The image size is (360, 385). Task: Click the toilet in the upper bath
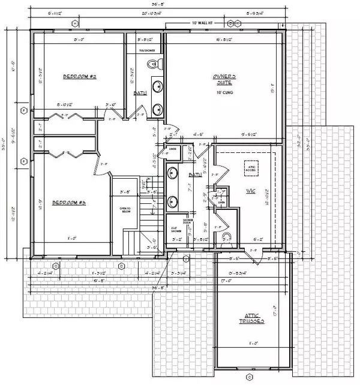click(149, 86)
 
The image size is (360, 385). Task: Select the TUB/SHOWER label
click(147, 51)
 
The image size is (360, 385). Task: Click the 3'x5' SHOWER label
click(173, 230)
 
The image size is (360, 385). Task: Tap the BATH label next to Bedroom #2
click(139, 93)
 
